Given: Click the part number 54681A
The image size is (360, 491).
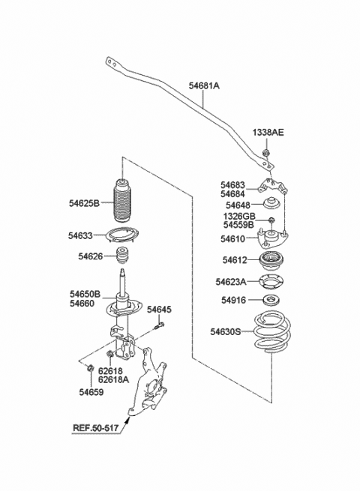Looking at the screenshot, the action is (x=204, y=85).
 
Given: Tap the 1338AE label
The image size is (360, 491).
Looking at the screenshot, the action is (x=268, y=133).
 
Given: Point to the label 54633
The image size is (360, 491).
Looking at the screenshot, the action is (x=80, y=235).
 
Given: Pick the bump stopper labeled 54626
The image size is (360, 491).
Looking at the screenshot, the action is (x=123, y=256).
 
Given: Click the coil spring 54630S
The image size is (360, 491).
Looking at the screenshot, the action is (x=272, y=332).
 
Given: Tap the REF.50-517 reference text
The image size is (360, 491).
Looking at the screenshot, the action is (x=96, y=427).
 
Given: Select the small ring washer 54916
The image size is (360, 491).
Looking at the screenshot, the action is (x=271, y=301).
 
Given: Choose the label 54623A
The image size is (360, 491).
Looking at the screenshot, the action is (x=231, y=282).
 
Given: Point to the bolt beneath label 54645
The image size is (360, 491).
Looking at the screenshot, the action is (x=159, y=326).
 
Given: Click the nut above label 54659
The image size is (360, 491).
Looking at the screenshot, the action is (x=90, y=367).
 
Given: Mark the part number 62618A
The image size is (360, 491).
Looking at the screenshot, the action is (x=113, y=380).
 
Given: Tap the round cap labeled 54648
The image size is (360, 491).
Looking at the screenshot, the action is (x=271, y=203).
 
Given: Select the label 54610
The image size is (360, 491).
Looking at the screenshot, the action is (x=232, y=239).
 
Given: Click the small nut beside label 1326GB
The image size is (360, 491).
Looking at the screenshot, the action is (x=271, y=220).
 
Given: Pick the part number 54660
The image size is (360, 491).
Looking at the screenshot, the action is (x=82, y=304).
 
